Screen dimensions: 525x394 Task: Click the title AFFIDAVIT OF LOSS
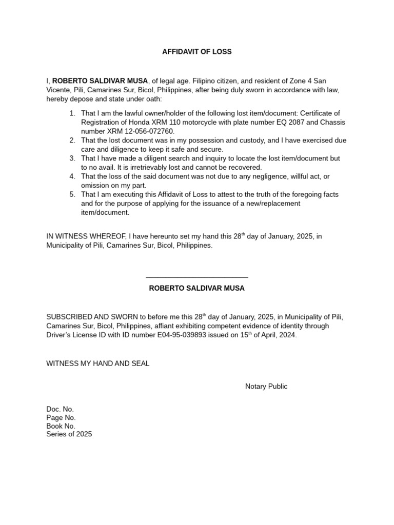tap(197, 52)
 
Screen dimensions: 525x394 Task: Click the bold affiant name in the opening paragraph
tap(100, 81)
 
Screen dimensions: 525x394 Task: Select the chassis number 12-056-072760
tap(149, 131)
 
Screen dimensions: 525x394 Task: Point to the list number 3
tap(72, 158)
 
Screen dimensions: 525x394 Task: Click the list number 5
tap(72, 194)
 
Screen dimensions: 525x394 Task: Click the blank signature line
tap(197, 277)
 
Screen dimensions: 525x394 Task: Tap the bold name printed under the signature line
tap(197, 288)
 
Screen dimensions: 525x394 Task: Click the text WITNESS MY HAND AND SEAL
tap(98, 364)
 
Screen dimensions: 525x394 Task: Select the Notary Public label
tap(266, 387)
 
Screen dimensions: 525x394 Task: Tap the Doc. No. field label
tap(60, 409)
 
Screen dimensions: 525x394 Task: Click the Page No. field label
tap(61, 418)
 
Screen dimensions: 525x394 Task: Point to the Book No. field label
tap(61, 426)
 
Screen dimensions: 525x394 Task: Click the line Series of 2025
tap(69, 434)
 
